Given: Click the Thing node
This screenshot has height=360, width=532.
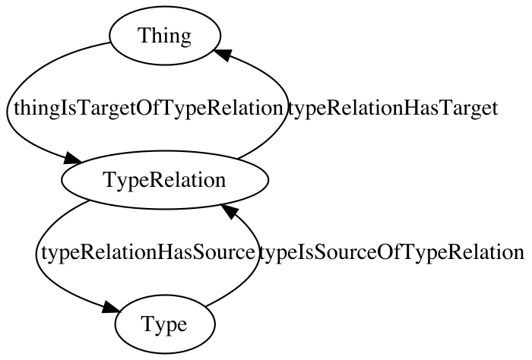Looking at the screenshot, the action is [165, 35].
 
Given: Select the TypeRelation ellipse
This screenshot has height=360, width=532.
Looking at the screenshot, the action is [165, 180].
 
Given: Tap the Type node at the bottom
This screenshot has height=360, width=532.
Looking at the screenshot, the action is [165, 324].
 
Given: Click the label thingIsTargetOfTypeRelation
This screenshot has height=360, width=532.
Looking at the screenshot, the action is [148, 109].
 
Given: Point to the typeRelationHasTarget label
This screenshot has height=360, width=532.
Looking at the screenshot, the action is [393, 109].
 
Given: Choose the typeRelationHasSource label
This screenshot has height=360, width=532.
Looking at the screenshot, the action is [148, 253].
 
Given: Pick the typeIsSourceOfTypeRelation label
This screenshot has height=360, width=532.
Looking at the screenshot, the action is [391, 253].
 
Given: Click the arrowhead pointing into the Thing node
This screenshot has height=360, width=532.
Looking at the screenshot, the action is [222, 54].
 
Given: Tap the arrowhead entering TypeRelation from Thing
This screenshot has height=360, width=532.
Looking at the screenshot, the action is [72, 158].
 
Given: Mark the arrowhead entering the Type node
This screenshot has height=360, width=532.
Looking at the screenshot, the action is [111, 307].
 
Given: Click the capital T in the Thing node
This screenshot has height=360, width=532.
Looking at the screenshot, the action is [144, 35].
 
